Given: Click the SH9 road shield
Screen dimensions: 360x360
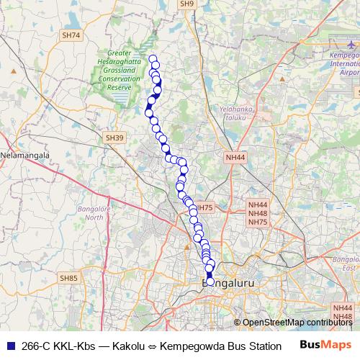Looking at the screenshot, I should click(187, 4).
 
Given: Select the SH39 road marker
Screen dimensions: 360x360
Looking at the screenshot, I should click(115, 138).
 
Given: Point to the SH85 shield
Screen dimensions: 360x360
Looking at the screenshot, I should click(69, 277).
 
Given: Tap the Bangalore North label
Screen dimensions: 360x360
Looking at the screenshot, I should click(95, 212).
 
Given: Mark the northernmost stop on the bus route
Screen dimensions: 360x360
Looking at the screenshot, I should click(152, 58).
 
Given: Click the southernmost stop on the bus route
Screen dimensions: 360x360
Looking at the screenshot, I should click(210, 282).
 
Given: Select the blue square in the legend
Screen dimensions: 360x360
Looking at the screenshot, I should click(9, 344).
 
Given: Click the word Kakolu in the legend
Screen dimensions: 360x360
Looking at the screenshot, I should click(132, 344).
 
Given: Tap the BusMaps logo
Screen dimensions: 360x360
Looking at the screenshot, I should click(325, 343).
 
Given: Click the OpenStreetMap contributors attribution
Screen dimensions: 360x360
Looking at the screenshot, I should click(297, 322).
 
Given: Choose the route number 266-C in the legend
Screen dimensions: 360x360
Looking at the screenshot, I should click(35, 344).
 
